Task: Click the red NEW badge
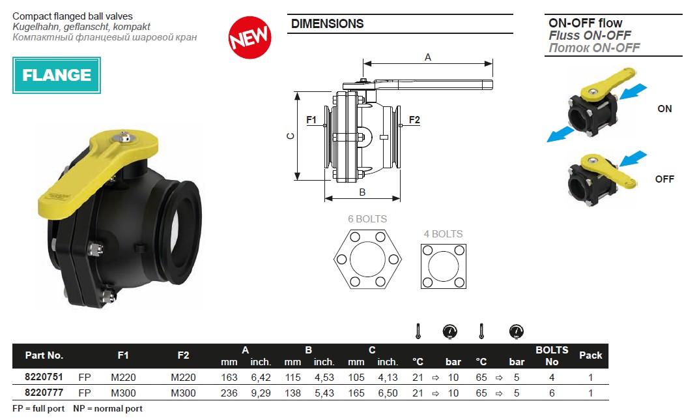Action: tap(250, 37)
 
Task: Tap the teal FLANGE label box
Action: tap(57, 75)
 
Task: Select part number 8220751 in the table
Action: tap(44, 377)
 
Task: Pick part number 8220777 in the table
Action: tap(44, 393)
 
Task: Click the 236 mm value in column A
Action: tap(229, 393)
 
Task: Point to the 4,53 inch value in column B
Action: tap(324, 378)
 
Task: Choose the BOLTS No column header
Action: tap(552, 355)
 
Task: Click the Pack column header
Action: tap(590, 355)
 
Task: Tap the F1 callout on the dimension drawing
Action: tap(311, 120)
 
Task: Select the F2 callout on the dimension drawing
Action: tap(414, 120)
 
